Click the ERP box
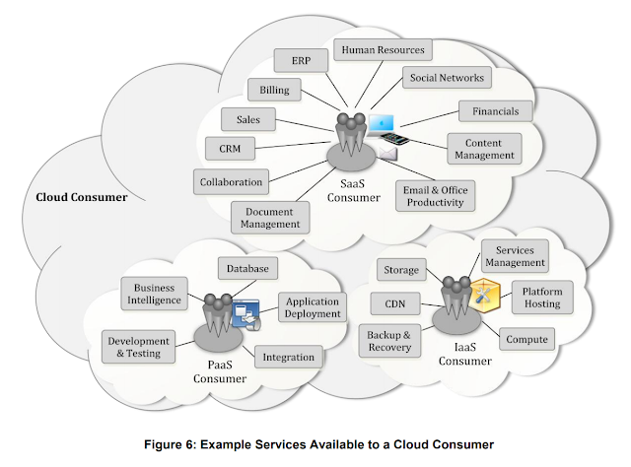click(302, 60)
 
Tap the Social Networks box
click(446, 78)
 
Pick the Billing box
click(274, 89)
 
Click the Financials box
click(495, 110)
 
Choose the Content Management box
click(484, 148)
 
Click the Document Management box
click(268, 216)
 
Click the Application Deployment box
click(311, 307)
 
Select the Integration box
click(289, 357)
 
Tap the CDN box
click(396, 302)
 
